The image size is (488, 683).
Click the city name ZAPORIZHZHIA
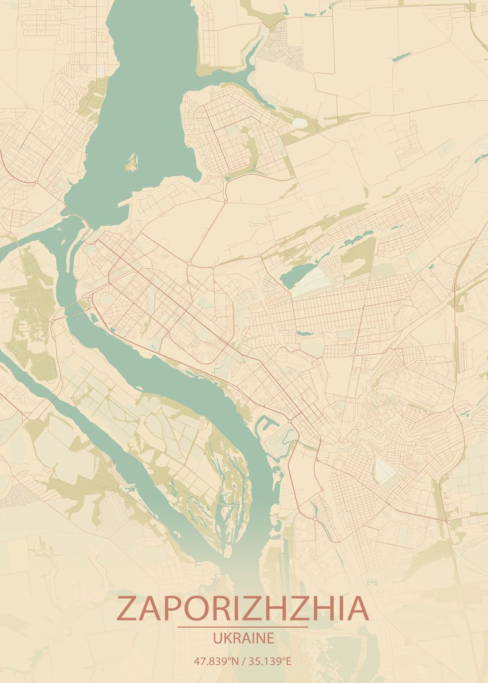pyautogui.click(x=243, y=608)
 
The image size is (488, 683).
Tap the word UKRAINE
pyautogui.click(x=243, y=638)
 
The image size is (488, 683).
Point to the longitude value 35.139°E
pyautogui.click(x=270, y=661)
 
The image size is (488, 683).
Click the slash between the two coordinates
pyautogui.click(x=243, y=661)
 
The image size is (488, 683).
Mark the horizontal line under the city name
pyautogui.click(x=243, y=627)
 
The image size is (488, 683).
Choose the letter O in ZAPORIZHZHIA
pyautogui.click(x=195, y=608)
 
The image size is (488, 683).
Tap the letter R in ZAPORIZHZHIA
pyautogui.click(x=219, y=608)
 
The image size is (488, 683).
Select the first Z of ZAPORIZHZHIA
pyautogui.click(x=126, y=608)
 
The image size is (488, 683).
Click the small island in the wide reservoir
pyautogui.click(x=132, y=162)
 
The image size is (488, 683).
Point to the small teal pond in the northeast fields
pyautogui.click(x=402, y=56)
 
